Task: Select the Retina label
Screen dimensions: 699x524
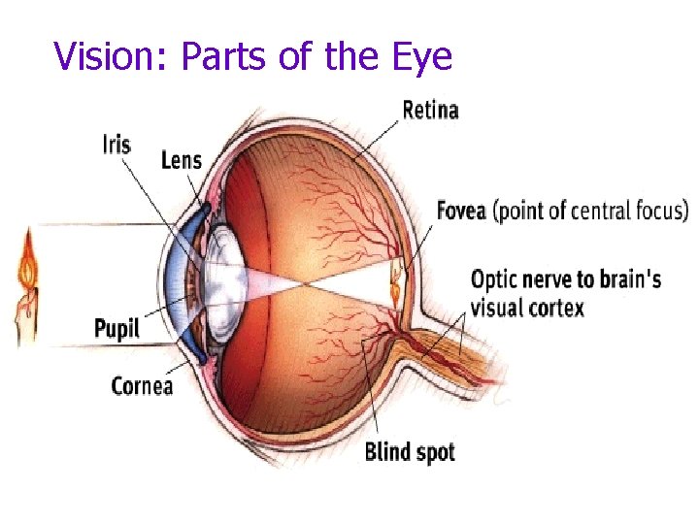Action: (x=430, y=110)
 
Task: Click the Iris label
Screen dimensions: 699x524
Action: (x=116, y=146)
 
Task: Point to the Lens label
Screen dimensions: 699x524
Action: (x=182, y=159)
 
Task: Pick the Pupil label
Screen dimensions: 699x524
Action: (x=116, y=329)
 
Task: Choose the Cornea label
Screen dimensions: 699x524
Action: (x=142, y=386)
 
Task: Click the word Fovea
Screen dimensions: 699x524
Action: (x=461, y=211)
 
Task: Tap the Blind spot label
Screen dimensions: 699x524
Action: (x=409, y=451)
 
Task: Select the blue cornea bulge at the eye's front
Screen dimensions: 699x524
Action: (x=175, y=281)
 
